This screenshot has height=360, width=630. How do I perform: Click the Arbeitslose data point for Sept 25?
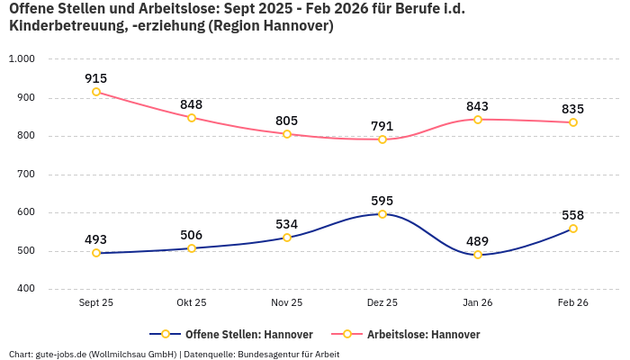point(96,92)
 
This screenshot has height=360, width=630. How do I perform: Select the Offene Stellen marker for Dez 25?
point(382,214)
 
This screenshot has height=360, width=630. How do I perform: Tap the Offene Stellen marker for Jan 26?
point(478,255)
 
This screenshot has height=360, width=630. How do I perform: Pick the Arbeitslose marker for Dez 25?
point(382,139)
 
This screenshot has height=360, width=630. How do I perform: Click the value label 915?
point(96,78)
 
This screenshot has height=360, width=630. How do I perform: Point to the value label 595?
point(382,201)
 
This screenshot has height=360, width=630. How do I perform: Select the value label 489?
point(478,240)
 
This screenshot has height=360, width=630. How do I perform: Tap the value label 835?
point(573,108)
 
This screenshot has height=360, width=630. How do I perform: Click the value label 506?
point(192,235)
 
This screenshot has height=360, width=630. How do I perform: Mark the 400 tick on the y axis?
point(25,289)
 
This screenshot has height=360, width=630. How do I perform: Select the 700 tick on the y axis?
point(25,175)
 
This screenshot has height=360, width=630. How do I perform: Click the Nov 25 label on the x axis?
point(287,303)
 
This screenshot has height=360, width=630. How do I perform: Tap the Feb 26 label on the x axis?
point(573,303)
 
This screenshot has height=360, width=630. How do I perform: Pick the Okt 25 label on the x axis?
point(192,303)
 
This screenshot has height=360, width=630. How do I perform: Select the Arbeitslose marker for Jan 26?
point(478,119)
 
